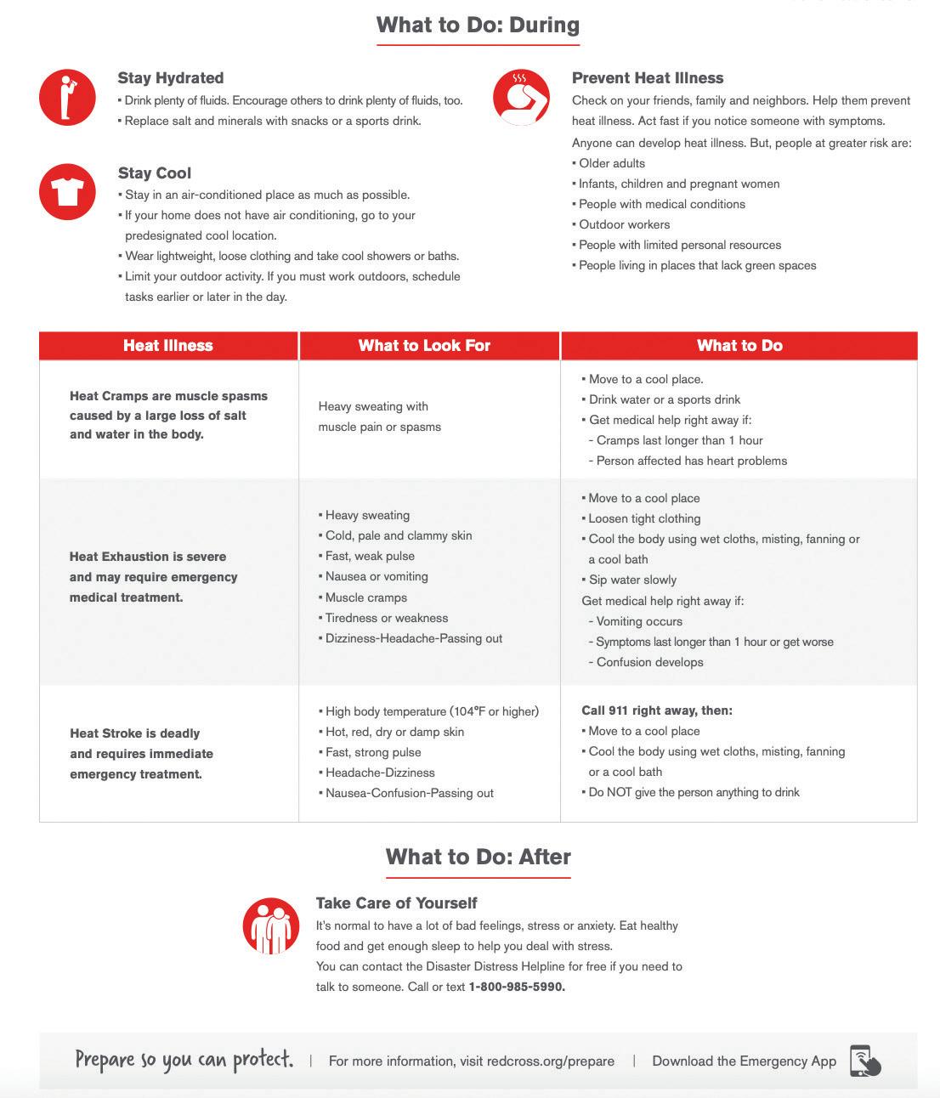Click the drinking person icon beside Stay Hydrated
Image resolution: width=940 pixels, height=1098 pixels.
[67, 97]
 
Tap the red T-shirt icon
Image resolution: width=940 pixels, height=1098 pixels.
[67, 192]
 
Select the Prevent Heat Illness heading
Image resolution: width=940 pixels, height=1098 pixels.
[648, 78]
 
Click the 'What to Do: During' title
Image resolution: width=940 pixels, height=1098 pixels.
[478, 25]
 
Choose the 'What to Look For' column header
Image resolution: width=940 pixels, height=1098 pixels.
[424, 346]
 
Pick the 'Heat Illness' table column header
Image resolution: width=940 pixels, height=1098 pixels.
[168, 346]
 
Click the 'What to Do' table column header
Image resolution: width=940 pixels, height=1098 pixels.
[739, 346]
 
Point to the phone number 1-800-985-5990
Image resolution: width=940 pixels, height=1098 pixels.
[517, 987]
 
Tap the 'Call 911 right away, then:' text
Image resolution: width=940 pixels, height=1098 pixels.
[657, 710]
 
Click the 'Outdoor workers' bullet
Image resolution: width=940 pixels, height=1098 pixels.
[624, 224]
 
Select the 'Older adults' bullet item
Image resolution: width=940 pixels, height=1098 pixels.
[612, 163]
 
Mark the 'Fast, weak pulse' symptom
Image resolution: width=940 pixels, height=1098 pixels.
[370, 556]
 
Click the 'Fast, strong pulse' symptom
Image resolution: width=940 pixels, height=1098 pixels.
[373, 752]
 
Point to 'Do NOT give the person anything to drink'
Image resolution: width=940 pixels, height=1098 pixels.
[694, 792]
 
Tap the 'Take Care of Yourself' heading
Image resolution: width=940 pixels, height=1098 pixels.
[396, 903]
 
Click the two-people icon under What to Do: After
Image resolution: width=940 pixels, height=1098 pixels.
[270, 925]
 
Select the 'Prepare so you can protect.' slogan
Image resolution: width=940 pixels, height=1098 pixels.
[184, 1060]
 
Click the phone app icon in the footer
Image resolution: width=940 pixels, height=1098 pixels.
[864, 1061]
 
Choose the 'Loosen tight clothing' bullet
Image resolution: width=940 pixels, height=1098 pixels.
[644, 518]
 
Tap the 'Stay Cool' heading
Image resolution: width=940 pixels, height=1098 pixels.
[155, 173]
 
